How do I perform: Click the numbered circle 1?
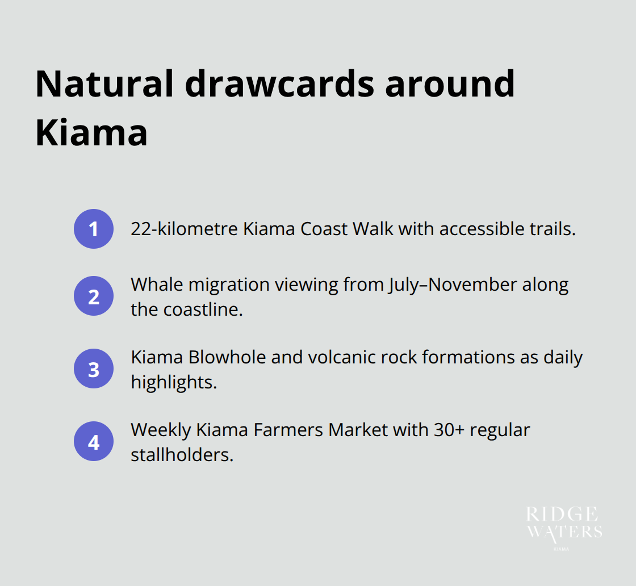tap(94, 229)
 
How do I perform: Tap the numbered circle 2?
tap(94, 296)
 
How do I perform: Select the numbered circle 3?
tap(94, 369)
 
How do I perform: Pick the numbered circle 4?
tap(94, 441)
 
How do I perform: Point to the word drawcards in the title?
tap(279, 83)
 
